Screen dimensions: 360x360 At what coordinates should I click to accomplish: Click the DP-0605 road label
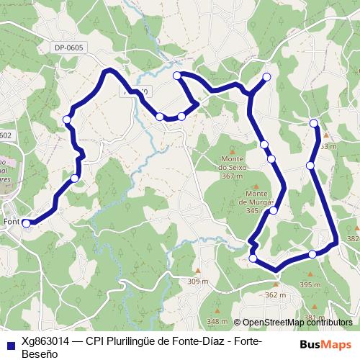pyautogui.click(x=68, y=48)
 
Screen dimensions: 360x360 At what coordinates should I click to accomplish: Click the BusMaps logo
pyautogui.click(x=325, y=344)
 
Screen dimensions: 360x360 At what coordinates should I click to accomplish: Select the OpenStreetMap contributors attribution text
pyautogui.click(x=297, y=323)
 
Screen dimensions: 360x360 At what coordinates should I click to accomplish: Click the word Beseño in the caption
pyautogui.click(x=37, y=354)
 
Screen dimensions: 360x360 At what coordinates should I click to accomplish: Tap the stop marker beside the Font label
pyautogui.click(x=27, y=223)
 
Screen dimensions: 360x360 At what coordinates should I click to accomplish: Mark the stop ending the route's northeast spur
pyautogui.click(x=266, y=77)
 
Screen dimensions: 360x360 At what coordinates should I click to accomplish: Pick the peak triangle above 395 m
pyautogui.click(x=311, y=274)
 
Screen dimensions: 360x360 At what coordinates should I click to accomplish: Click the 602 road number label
pyautogui.click(x=6, y=135)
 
